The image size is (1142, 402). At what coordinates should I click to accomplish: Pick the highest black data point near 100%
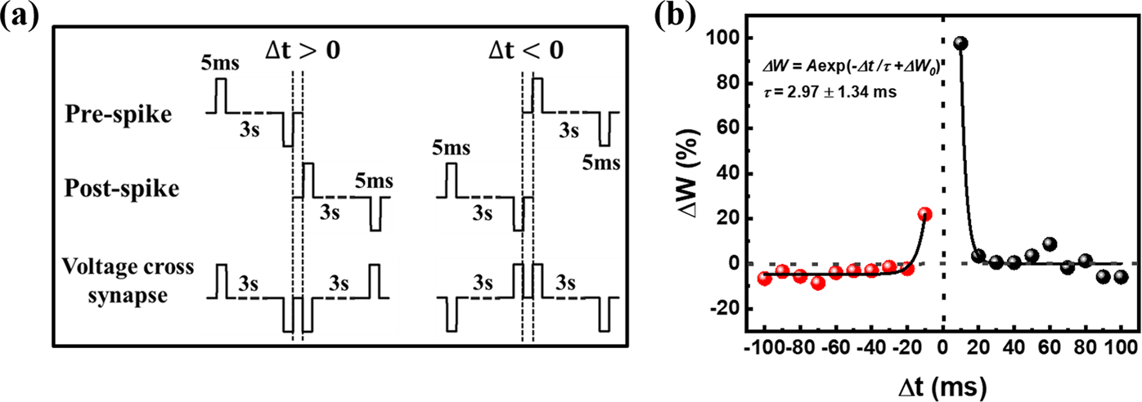(x=960, y=43)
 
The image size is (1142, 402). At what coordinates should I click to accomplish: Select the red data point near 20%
(x=924, y=214)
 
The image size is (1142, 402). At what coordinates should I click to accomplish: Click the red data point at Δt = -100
(x=765, y=279)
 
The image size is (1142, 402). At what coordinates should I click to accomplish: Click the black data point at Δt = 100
(x=1121, y=277)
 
